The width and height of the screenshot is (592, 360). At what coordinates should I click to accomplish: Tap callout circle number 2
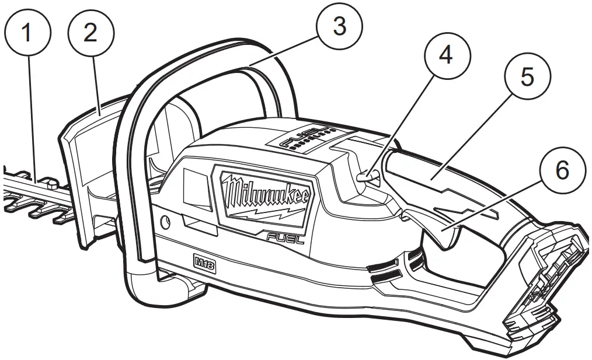point(90,33)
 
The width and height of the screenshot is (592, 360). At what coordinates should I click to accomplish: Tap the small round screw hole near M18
point(165,222)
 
